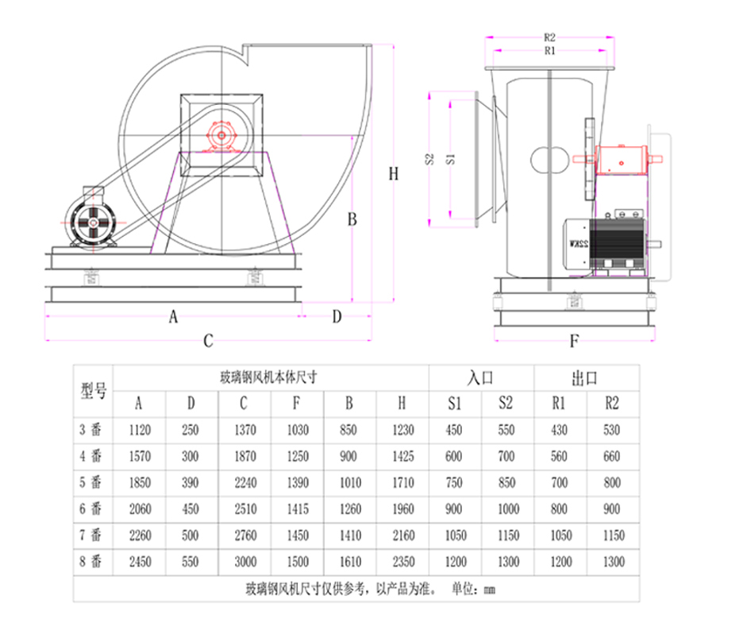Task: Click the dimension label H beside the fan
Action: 394,174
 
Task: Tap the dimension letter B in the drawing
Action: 352,219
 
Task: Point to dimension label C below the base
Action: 208,341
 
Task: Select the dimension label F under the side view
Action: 574,341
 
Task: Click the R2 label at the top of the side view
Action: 549,37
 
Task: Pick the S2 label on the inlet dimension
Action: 429,159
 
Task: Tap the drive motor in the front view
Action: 92,220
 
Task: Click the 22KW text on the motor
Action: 579,244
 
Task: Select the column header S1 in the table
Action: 454,404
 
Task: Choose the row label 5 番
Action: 90,482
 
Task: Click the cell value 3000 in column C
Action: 245,561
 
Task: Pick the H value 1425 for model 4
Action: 403,456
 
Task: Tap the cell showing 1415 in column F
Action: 298,509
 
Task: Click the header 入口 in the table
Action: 480,378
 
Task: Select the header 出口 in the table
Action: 585,378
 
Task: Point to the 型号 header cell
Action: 94,391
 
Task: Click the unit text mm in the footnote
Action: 489,590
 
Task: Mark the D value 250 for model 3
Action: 191,430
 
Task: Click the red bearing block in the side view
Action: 622,160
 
